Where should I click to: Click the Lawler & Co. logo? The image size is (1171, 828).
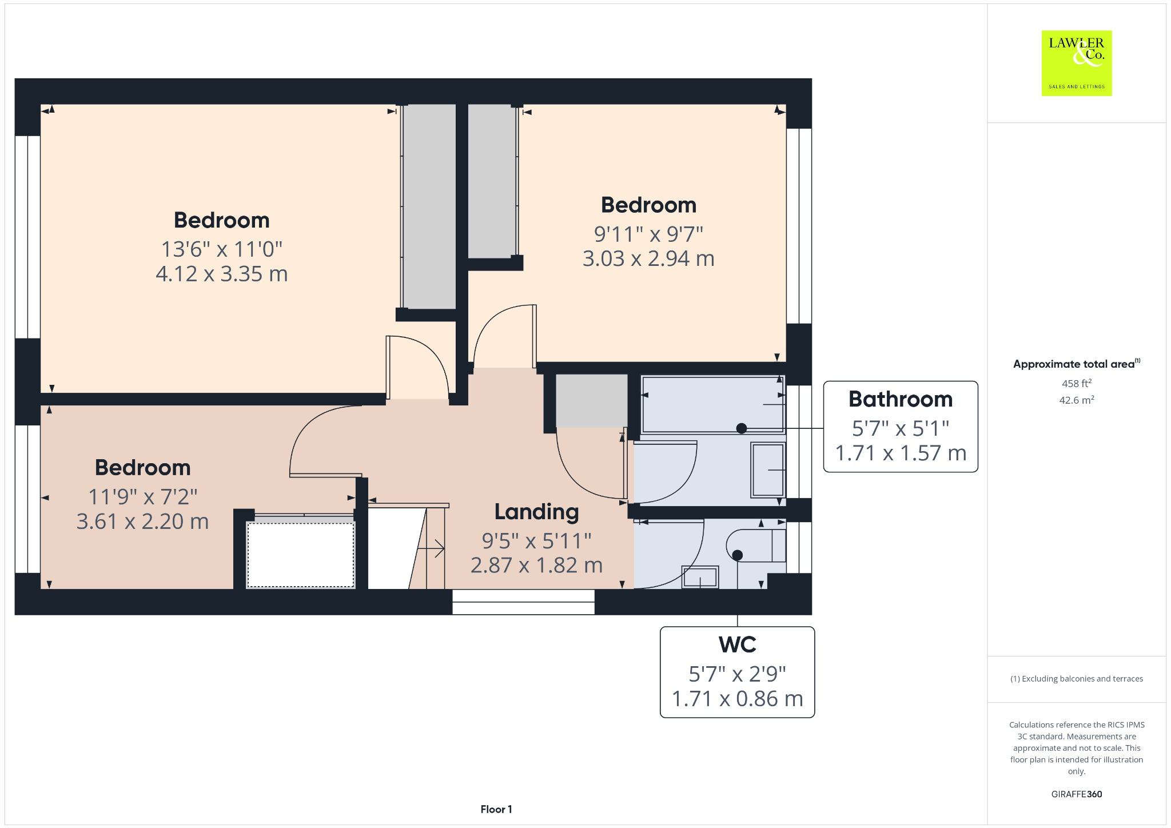click(x=1076, y=63)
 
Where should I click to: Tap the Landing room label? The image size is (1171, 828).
click(x=536, y=512)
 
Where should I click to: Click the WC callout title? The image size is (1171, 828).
click(x=737, y=644)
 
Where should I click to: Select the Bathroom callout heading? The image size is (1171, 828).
click(x=900, y=399)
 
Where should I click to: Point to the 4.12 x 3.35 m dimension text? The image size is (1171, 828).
click(x=221, y=274)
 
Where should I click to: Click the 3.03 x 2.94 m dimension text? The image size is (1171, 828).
click(x=648, y=258)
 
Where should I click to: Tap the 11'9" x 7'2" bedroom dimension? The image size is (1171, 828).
click(x=142, y=496)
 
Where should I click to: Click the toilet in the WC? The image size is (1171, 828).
click(x=755, y=546)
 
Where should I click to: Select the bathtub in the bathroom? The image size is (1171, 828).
click(x=712, y=404)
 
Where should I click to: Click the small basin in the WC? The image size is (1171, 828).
click(x=700, y=577)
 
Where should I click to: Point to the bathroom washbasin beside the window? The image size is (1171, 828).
click(x=767, y=469)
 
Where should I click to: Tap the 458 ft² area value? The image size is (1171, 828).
click(x=1076, y=384)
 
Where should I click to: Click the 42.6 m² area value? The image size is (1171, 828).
click(x=1076, y=400)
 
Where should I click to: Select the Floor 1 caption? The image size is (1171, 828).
click(x=496, y=809)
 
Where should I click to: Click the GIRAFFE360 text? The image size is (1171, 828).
click(x=1076, y=794)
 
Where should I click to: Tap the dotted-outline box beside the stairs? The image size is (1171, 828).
click(x=300, y=554)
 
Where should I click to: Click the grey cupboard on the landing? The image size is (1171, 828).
click(x=591, y=400)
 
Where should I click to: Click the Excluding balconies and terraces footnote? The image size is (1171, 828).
click(x=1076, y=679)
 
